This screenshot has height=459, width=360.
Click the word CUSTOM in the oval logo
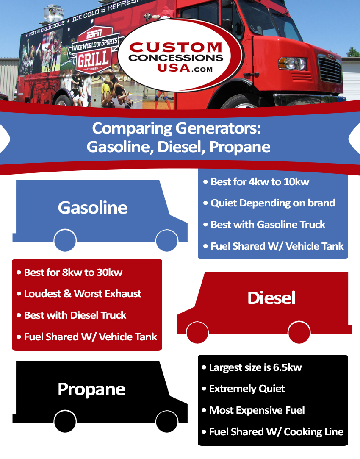[176, 47]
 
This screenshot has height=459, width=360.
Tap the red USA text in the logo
[174, 68]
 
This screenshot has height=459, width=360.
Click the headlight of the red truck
[292, 63]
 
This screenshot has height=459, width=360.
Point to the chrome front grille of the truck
[330, 69]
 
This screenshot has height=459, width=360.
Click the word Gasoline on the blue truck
[92, 208]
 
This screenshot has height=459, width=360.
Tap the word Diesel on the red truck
[271, 298]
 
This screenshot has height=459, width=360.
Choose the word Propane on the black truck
[91, 389]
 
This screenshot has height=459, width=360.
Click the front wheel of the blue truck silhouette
[167, 240]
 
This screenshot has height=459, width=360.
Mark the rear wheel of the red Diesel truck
[299, 332]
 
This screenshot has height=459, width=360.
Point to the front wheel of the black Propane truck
[167, 421]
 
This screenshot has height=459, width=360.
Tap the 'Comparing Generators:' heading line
[176, 128]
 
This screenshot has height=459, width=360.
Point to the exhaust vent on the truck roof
[53, 13]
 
